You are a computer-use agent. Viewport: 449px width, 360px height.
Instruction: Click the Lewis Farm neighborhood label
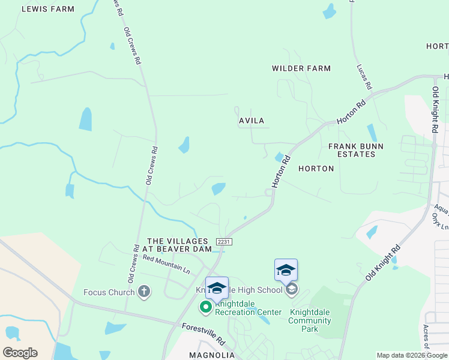pos(48,9)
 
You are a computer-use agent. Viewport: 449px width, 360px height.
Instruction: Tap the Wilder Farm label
pos(301,68)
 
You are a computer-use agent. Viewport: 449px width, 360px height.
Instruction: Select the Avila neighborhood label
pos(252,121)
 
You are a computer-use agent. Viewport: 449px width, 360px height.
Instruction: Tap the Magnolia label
pos(212,355)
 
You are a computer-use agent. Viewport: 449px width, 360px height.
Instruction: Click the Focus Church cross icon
pos(143,292)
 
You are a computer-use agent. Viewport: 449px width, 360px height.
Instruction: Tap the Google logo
pos(20,353)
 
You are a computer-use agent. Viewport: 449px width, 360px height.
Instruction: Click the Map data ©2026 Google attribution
pos(412,355)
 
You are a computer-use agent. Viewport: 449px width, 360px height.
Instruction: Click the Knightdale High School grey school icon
pos(292,290)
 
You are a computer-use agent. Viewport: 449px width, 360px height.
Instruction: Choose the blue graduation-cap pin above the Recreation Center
pos(217,287)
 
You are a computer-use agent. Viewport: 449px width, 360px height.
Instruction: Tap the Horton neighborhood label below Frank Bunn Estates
pos(316,169)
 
